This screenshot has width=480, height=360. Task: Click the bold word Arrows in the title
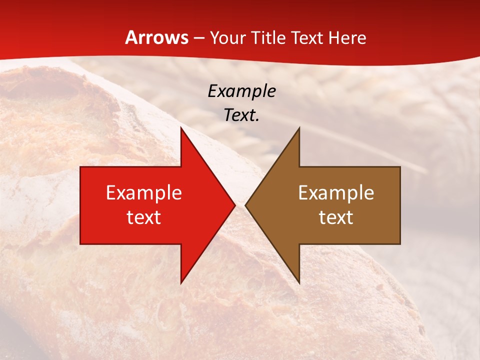[x=156, y=38]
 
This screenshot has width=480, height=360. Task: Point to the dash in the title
[x=198, y=38]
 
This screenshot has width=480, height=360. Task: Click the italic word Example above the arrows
[x=241, y=91]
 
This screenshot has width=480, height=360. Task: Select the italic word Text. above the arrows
[x=241, y=115]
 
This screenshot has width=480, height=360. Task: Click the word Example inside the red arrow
[x=144, y=193]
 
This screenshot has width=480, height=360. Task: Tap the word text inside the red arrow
[x=144, y=217]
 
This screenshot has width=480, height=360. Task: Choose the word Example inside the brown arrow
[x=336, y=193]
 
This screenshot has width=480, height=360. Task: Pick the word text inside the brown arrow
[x=336, y=217]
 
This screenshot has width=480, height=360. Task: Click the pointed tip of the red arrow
[x=234, y=205]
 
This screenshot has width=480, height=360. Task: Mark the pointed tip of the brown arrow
[x=245, y=205]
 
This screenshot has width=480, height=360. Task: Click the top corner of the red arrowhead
[x=181, y=127]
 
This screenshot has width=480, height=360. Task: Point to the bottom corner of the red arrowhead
[x=181, y=283]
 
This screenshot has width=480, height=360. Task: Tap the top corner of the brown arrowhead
[x=299, y=127]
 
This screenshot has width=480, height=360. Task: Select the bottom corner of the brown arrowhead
[x=299, y=283]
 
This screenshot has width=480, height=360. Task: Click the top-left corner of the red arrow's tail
[x=80, y=167]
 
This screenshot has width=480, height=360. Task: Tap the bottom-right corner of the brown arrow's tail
[x=400, y=244]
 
